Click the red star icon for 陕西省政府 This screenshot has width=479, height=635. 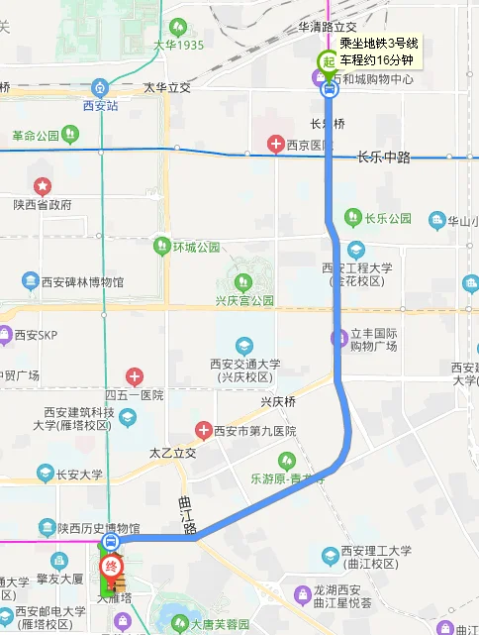pyautogui.click(x=43, y=185)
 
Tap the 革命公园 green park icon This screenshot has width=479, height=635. pyautogui.click(x=68, y=133)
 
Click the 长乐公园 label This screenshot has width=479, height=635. pyautogui.click(x=387, y=218)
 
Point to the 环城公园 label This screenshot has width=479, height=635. pyautogui.click(x=196, y=246)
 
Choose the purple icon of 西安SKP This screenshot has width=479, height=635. pyautogui.click(x=5, y=335)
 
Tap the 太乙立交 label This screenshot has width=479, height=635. pyautogui.click(x=173, y=453)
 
